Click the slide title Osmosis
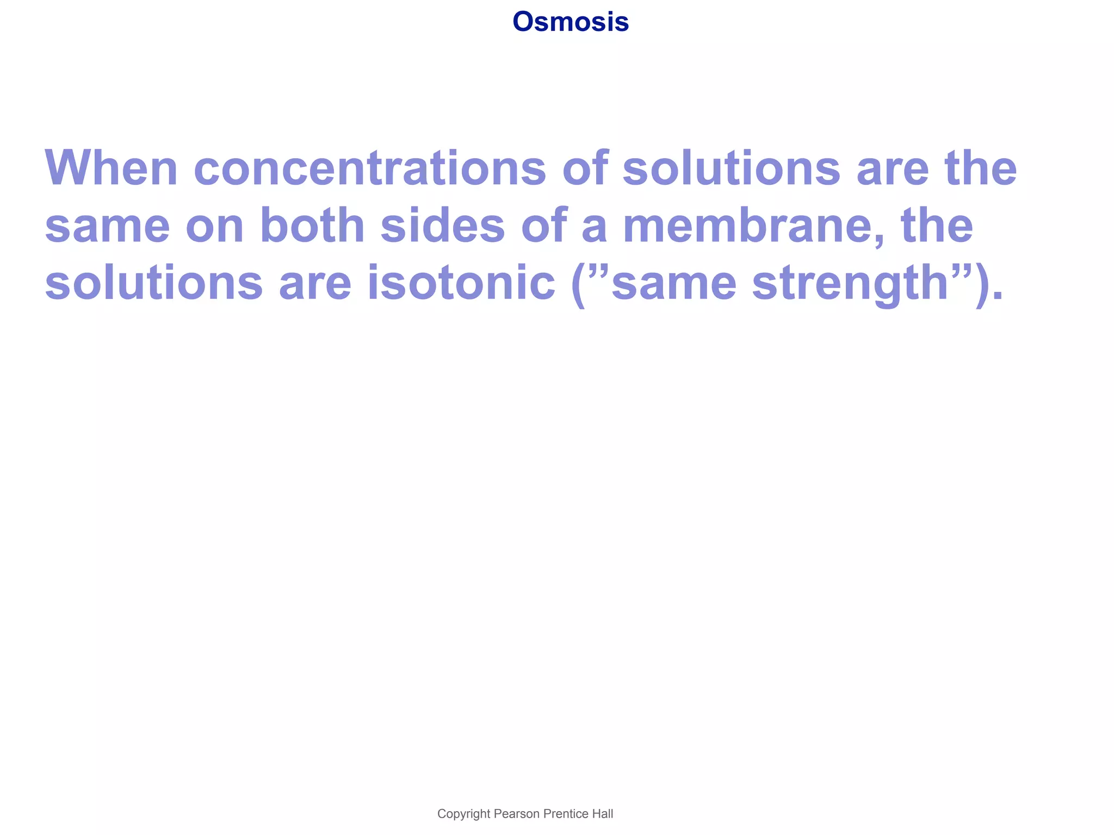click(x=570, y=22)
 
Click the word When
click(x=111, y=168)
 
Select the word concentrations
click(x=369, y=168)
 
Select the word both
click(x=312, y=226)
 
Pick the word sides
click(x=443, y=226)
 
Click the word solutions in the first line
click(x=731, y=168)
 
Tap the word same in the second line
click(x=107, y=226)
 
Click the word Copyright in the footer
click(x=463, y=814)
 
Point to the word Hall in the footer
click(x=603, y=814)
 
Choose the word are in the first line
click(x=892, y=168)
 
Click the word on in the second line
click(x=214, y=226)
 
